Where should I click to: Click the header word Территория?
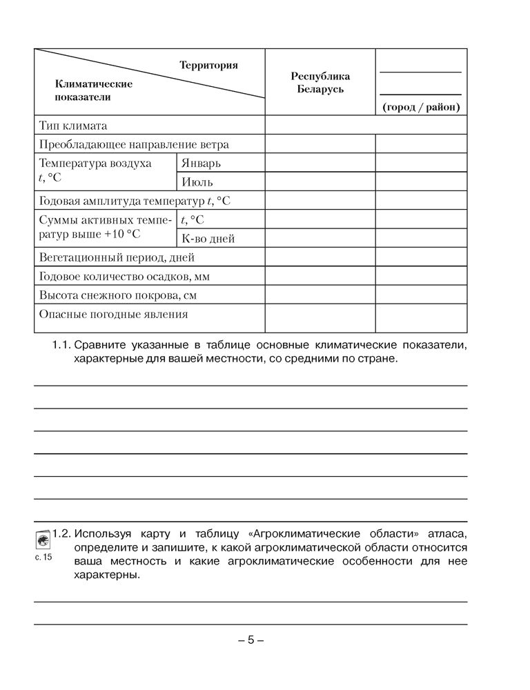click(x=208, y=66)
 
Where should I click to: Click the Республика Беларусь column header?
click(x=320, y=83)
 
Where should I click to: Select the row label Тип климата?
click(x=73, y=126)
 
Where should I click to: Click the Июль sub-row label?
click(x=197, y=182)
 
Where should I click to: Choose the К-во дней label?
click(x=208, y=239)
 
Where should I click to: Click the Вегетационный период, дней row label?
click(x=117, y=257)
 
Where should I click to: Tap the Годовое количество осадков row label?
click(x=124, y=276)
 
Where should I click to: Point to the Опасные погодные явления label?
click(x=113, y=314)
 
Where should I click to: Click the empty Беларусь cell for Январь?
click(x=320, y=164)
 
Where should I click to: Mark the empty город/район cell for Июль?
click(x=421, y=182)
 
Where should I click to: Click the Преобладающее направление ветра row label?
click(x=134, y=145)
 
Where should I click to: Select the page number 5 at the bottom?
click(x=251, y=640)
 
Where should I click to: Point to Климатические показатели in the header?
click(x=92, y=90)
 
